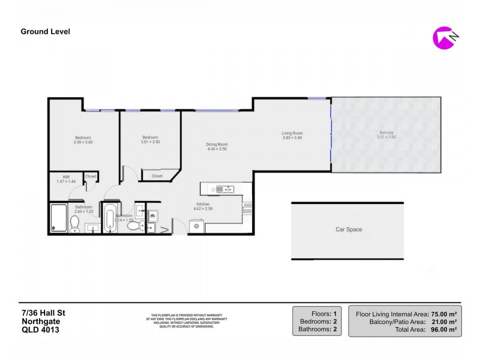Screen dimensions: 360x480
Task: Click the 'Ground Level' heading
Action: (x=46, y=32)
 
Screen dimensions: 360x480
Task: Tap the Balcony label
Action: (x=386, y=133)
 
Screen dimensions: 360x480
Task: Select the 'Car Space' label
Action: (x=349, y=229)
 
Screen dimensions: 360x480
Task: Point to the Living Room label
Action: (x=292, y=133)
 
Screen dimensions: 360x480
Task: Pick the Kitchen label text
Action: (x=202, y=204)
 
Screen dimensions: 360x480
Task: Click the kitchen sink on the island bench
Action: (x=220, y=190)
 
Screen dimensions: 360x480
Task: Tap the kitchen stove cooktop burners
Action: (x=247, y=210)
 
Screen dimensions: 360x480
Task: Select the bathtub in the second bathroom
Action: (x=110, y=218)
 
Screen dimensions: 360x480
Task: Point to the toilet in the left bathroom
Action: (x=75, y=224)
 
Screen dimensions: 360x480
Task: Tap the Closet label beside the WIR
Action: (x=91, y=176)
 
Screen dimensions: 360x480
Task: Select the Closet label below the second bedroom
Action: (x=157, y=176)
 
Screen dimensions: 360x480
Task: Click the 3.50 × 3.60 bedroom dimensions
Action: (x=82, y=142)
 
